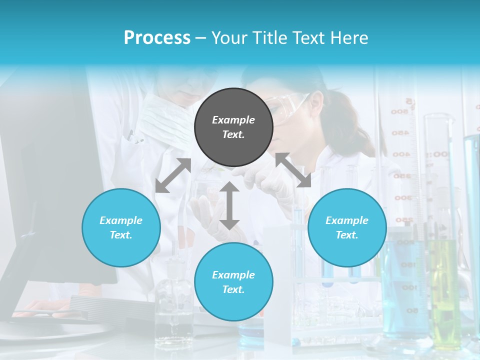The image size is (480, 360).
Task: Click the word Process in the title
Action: pyautogui.click(x=157, y=38)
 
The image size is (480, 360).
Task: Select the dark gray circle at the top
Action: pyautogui.click(x=233, y=127)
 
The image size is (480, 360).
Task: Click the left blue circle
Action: pyautogui.click(x=121, y=227)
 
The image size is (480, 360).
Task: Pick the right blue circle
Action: pyautogui.click(x=347, y=227)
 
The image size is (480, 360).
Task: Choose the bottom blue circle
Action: pyautogui.click(x=233, y=282)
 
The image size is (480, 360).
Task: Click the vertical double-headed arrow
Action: pyautogui.click(x=229, y=205)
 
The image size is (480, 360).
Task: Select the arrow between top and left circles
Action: pyautogui.click(x=173, y=175)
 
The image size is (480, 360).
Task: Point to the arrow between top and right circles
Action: pyautogui.click(x=293, y=170)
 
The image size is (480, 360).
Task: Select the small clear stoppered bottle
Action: pyautogui.click(x=173, y=305)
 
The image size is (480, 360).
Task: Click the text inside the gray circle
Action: pyautogui.click(x=233, y=127)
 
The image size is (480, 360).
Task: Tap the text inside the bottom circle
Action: pyautogui.click(x=233, y=282)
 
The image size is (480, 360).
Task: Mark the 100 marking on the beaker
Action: pyautogui.click(x=409, y=287)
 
